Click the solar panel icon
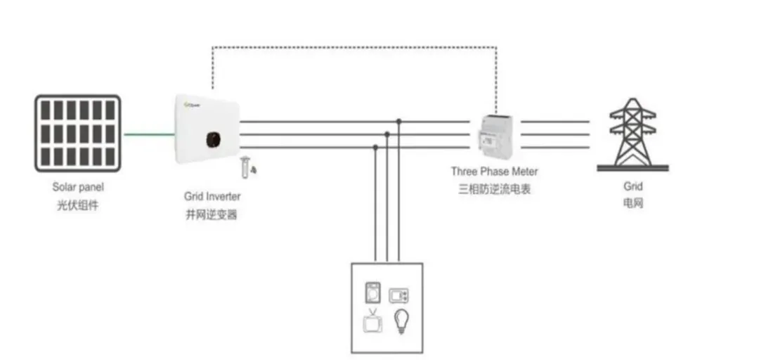tap(78, 134)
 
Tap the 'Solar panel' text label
tap(78, 188)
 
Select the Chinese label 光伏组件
tap(78, 206)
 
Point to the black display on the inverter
tap(212, 139)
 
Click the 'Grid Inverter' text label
tap(212, 196)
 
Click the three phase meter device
tap(495, 136)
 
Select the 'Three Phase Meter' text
tap(495, 172)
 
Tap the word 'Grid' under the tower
tap(632, 186)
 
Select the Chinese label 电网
tap(632, 204)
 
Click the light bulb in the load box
tap(401, 321)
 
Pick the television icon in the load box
tap(372, 322)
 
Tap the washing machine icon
tap(372, 292)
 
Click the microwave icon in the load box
tap(399, 295)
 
